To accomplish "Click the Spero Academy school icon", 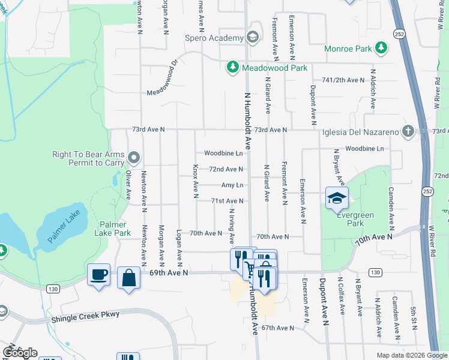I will coord(253,37).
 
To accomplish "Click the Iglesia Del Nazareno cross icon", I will coord(408,131).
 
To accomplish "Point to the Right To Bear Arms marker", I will coord(134,158).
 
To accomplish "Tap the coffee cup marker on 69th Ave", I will coord(98,275).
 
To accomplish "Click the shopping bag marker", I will coord(128,278).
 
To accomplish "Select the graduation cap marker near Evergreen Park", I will coord(337,197).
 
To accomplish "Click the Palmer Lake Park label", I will coord(115,229).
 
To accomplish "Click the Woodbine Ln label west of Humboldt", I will coord(223,153).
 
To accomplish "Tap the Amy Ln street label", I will coord(232,185).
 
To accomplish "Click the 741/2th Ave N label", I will coord(343,80).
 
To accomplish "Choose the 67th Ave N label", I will coord(277,328).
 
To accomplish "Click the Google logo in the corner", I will coord(20,353).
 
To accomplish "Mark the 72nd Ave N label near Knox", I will coord(226,169).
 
